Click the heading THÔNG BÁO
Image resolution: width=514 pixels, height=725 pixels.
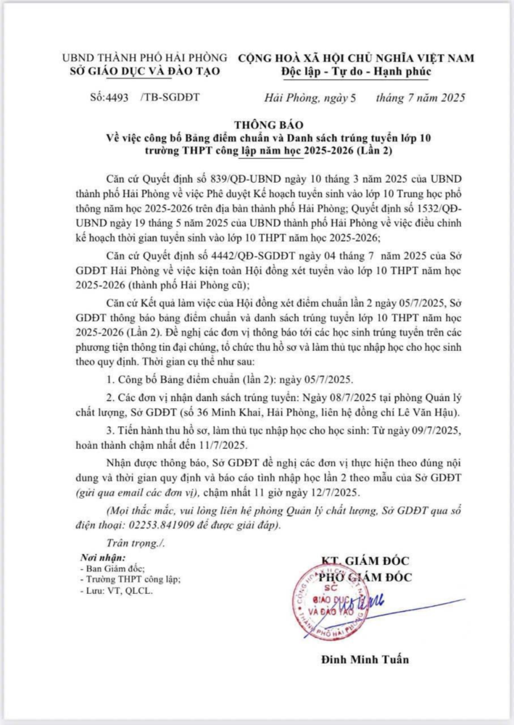click(265, 124)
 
